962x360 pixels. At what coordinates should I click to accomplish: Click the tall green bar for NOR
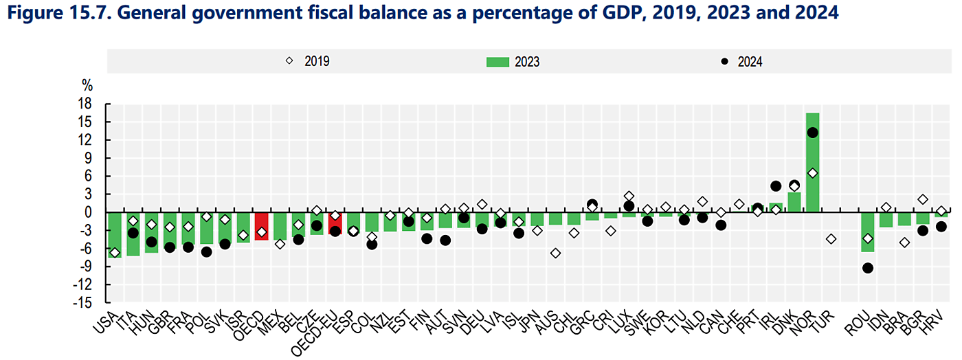(x=812, y=162)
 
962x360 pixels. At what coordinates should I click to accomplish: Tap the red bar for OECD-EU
(x=335, y=224)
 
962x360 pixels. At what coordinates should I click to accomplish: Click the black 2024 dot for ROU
(x=868, y=268)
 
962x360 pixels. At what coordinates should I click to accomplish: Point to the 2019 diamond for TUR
(x=831, y=239)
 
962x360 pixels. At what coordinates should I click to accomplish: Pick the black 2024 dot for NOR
(x=812, y=133)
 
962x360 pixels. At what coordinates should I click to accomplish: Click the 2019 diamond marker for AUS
(x=555, y=253)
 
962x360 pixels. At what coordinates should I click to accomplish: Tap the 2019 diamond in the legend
(x=289, y=61)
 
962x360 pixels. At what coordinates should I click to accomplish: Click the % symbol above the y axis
(x=87, y=86)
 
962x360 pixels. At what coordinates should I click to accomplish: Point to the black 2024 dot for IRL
(x=776, y=186)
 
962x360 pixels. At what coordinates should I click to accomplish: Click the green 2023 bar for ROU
(x=868, y=232)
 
